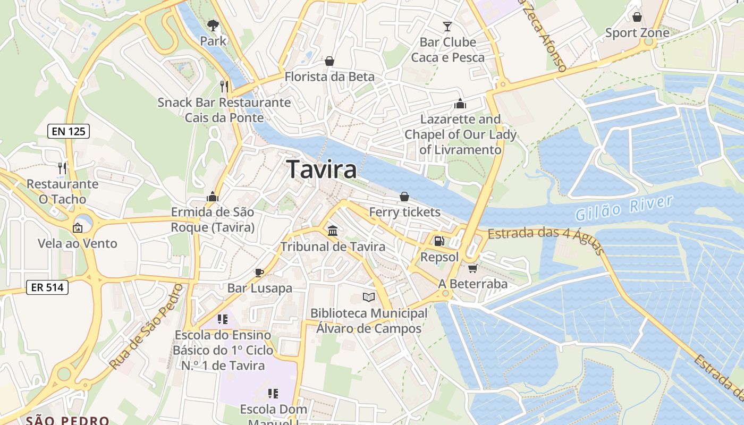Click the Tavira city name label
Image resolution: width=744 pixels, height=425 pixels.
click(322, 169)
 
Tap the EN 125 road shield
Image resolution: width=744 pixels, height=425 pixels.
click(69, 131)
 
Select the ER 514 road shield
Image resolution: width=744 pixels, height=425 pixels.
click(47, 288)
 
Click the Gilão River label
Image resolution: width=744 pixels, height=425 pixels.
click(624, 208)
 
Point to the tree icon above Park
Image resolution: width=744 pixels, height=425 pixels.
click(213, 25)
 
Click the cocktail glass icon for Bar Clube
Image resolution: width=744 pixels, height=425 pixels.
click(447, 26)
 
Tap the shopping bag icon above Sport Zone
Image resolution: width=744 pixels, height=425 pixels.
click(637, 17)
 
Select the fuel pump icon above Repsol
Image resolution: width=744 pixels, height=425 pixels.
click(439, 241)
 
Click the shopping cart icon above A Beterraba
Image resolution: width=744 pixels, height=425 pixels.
click(472, 268)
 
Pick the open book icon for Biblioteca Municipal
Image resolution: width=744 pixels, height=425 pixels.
click(368, 297)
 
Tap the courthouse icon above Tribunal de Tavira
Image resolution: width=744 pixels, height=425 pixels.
click(333, 231)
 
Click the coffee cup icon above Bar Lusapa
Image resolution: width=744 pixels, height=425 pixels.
click(259, 273)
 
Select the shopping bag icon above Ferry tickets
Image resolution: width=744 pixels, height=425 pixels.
click(404, 197)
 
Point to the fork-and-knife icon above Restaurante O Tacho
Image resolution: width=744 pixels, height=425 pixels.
click(63, 168)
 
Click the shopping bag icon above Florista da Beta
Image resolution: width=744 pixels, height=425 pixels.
click(329, 61)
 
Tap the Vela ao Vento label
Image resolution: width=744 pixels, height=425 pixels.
click(78, 244)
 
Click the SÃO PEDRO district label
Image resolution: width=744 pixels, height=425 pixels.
click(67, 420)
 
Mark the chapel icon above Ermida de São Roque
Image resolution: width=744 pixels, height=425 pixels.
click(213, 197)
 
